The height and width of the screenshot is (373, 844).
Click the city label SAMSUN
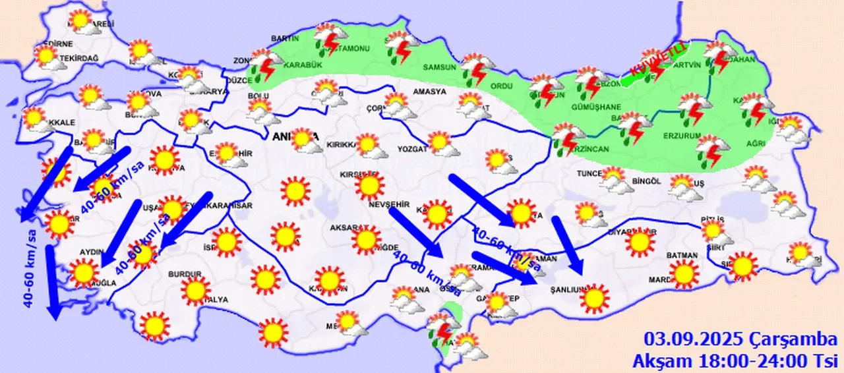(x=440, y=68)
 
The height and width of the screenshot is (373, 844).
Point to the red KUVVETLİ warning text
(x=659, y=59)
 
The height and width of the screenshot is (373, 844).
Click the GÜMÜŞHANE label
(x=597, y=107)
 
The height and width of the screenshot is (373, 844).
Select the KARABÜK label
(x=302, y=65)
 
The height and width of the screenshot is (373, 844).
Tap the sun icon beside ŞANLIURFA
(x=595, y=298)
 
